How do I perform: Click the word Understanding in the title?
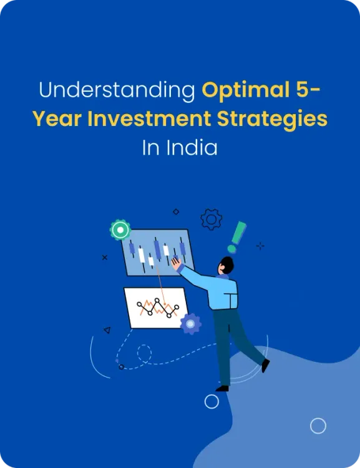pos(117,90)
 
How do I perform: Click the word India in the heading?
pos(198,148)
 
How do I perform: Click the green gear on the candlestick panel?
pos(120,230)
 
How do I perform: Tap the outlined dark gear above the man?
pos(212,219)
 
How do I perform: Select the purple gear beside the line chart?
pos(190,324)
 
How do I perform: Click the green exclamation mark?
pos(237,236)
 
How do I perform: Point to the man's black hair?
pos(226,265)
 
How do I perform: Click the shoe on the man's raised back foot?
pos(265,366)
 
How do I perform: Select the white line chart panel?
pos(156,307)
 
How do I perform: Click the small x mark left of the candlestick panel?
pos(104,257)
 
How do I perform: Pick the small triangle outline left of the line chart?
pos(107,330)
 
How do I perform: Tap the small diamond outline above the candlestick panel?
pos(176,212)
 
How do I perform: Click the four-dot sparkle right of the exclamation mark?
pos(260,246)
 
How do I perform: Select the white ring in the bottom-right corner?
pos(318,426)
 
